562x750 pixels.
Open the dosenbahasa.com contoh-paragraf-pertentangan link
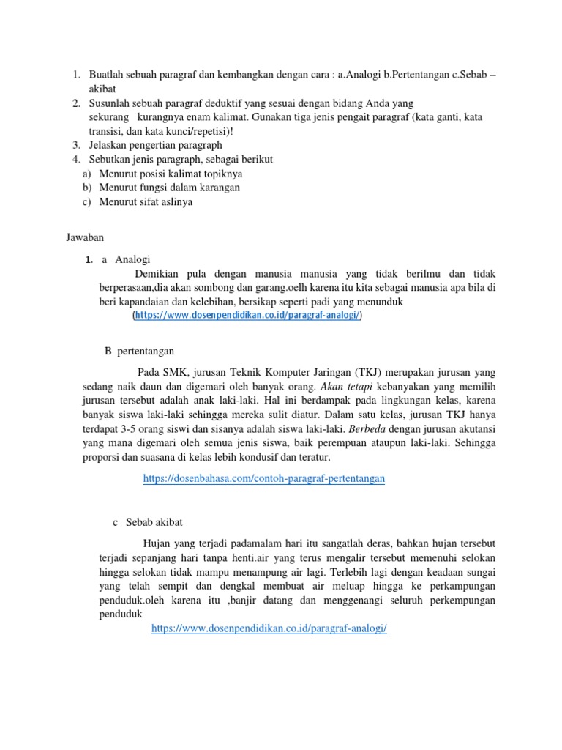(264, 478)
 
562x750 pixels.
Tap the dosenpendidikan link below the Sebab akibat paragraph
(269, 628)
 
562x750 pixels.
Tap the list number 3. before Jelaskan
(77, 145)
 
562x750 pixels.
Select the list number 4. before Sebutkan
(77, 160)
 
